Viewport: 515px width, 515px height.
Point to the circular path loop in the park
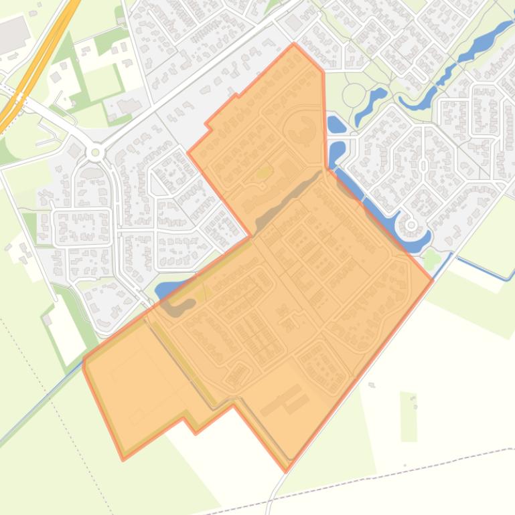coord(354,95)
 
